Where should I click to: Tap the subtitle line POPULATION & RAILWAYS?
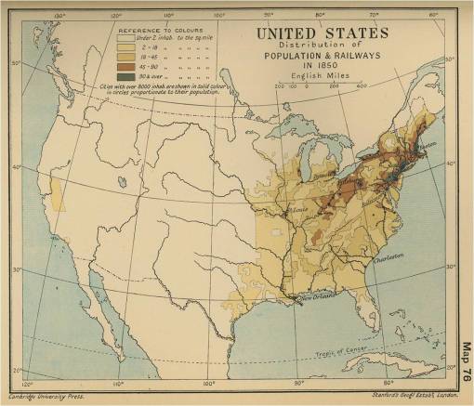(323, 58)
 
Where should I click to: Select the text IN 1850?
(323, 68)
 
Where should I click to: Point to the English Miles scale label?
(323, 78)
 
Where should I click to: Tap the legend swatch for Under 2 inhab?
(124, 38)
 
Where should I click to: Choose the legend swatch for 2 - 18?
(124, 47)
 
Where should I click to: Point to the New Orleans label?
(316, 298)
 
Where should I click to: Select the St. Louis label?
(300, 211)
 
